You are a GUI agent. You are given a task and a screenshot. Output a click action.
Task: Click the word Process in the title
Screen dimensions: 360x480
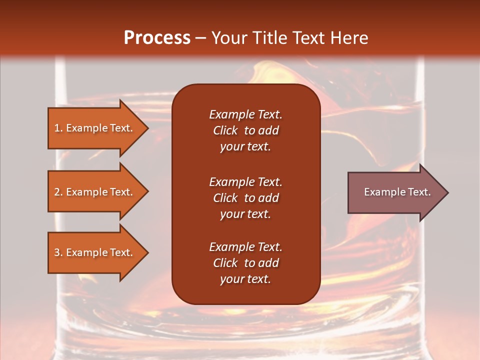(x=157, y=38)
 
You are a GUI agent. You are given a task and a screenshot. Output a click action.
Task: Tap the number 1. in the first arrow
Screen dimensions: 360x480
(x=58, y=128)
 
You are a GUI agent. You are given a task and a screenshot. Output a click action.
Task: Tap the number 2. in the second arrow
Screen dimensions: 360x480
(x=58, y=192)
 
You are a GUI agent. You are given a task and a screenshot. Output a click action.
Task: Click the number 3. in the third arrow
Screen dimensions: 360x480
(x=58, y=252)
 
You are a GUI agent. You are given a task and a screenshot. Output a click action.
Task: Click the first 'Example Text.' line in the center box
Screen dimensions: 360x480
(x=245, y=114)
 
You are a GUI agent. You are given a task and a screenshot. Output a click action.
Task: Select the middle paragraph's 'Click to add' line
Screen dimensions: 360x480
(x=245, y=198)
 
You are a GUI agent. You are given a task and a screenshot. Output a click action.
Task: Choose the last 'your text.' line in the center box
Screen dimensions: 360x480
(x=245, y=279)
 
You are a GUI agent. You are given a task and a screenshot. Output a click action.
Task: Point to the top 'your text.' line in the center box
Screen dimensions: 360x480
(x=245, y=147)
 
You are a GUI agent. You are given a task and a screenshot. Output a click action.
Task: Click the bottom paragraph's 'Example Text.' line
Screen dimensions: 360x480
(x=245, y=247)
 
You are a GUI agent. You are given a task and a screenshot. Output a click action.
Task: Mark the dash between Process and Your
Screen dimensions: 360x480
(x=201, y=38)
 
